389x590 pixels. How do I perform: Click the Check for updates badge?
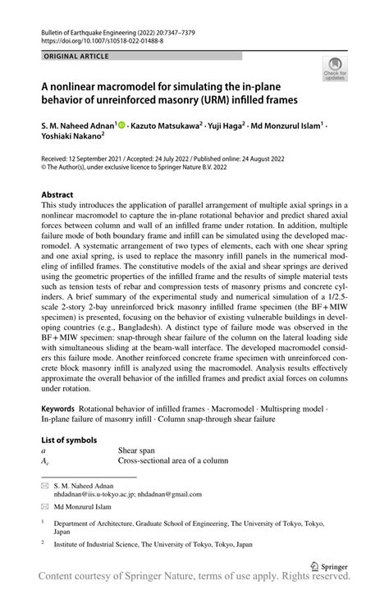(336, 69)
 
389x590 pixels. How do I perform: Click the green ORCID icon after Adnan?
(121, 126)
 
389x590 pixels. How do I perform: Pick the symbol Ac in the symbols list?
(46, 462)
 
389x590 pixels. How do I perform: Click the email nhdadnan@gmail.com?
(168, 493)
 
